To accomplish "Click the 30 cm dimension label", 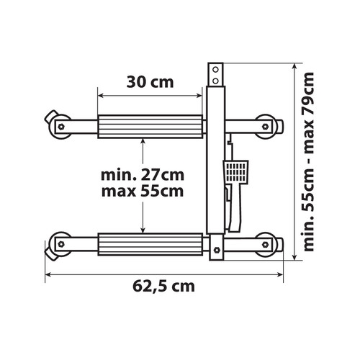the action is [150, 82].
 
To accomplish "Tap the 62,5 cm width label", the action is [163, 287].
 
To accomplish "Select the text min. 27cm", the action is [143, 175].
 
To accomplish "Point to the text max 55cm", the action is [143, 192].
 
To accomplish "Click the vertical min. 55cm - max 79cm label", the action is [309, 161].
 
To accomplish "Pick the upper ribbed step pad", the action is [150, 127].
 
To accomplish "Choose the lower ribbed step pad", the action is [150, 244].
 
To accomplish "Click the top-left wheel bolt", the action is [61, 127].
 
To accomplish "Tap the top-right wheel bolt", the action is [265, 127].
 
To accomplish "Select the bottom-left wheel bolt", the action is [61, 244].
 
